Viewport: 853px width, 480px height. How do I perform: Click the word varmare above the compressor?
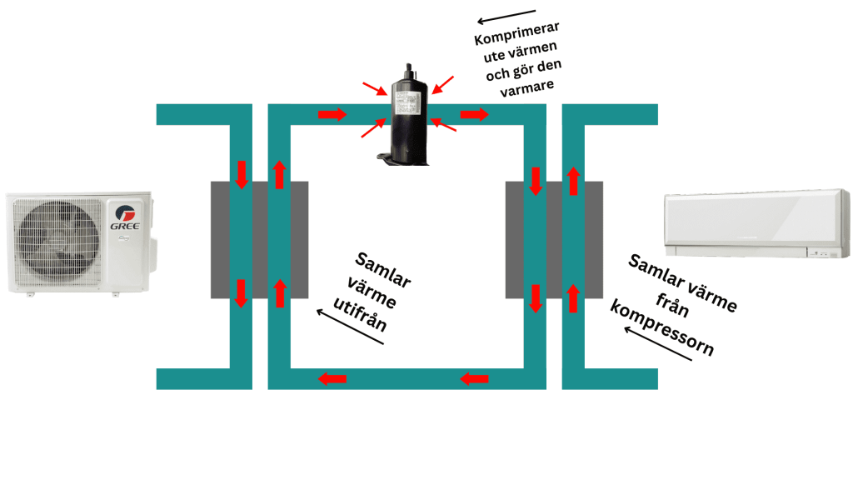527,87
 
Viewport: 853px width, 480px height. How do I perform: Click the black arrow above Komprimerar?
506,17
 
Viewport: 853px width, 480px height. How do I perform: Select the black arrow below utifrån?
350,329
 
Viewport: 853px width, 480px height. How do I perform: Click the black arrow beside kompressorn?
658,347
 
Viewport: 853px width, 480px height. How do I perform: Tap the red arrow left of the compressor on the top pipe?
332,114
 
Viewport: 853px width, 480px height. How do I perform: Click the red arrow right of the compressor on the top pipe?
476,114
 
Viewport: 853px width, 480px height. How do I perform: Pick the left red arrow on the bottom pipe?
332,379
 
